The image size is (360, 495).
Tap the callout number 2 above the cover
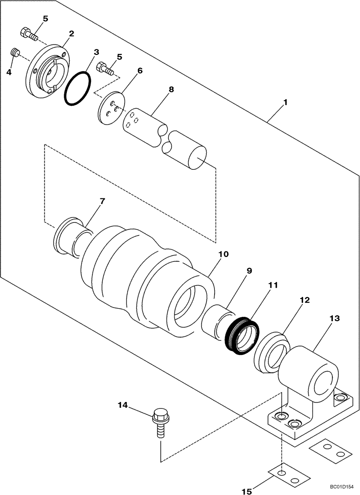[72, 34]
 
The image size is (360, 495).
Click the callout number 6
[140, 71]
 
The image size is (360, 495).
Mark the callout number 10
[223, 254]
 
